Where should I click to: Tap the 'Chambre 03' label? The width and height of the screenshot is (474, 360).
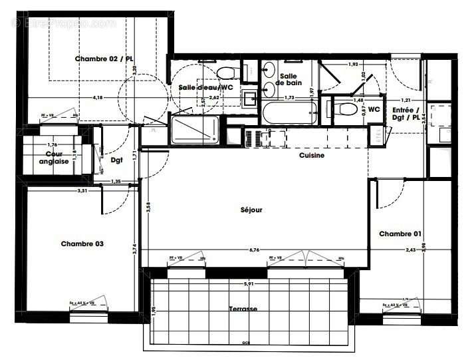coord(82,244)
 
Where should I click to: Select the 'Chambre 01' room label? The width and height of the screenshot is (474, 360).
coord(400,234)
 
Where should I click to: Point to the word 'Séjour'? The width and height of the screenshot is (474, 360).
coord(251,210)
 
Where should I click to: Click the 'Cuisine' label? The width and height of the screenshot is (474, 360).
coord(311,156)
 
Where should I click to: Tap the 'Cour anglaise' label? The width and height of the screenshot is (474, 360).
coord(53,158)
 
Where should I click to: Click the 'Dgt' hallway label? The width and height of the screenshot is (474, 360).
coord(116,160)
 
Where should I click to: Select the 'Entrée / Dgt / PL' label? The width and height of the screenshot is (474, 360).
coord(406,113)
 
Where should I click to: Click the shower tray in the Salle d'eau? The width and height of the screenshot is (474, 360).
coord(195,130)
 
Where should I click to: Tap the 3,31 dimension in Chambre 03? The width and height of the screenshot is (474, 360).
coord(82,191)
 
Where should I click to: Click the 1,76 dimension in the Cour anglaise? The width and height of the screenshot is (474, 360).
coord(52,144)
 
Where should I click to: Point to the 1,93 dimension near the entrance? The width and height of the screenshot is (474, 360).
coord(354,65)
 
